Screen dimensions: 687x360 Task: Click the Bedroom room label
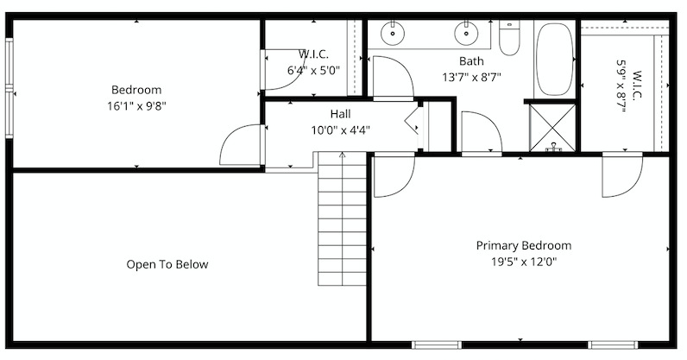pos(136,90)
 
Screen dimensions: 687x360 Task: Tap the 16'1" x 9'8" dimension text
pos(136,106)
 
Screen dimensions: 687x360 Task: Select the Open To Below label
pos(167,264)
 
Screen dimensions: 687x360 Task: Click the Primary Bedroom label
pos(524,245)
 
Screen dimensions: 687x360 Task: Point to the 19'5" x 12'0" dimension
pos(524,262)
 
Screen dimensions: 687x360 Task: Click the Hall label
pos(340,114)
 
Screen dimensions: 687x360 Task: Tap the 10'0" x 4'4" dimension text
pos(340,130)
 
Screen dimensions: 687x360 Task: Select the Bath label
pos(471,61)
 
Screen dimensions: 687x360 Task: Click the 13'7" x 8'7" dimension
pos(471,78)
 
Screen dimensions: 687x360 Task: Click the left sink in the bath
pos(393,33)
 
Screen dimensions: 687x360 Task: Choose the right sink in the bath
pos(466,33)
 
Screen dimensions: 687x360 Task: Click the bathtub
pos(555,60)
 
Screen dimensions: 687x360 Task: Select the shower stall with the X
pos(552,128)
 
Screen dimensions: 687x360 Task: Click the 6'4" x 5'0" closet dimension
pos(313,70)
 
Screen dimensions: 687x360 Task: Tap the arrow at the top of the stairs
pos(342,155)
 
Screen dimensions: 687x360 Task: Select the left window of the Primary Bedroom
pos(437,344)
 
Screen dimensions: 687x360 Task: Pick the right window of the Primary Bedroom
pos(613,344)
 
